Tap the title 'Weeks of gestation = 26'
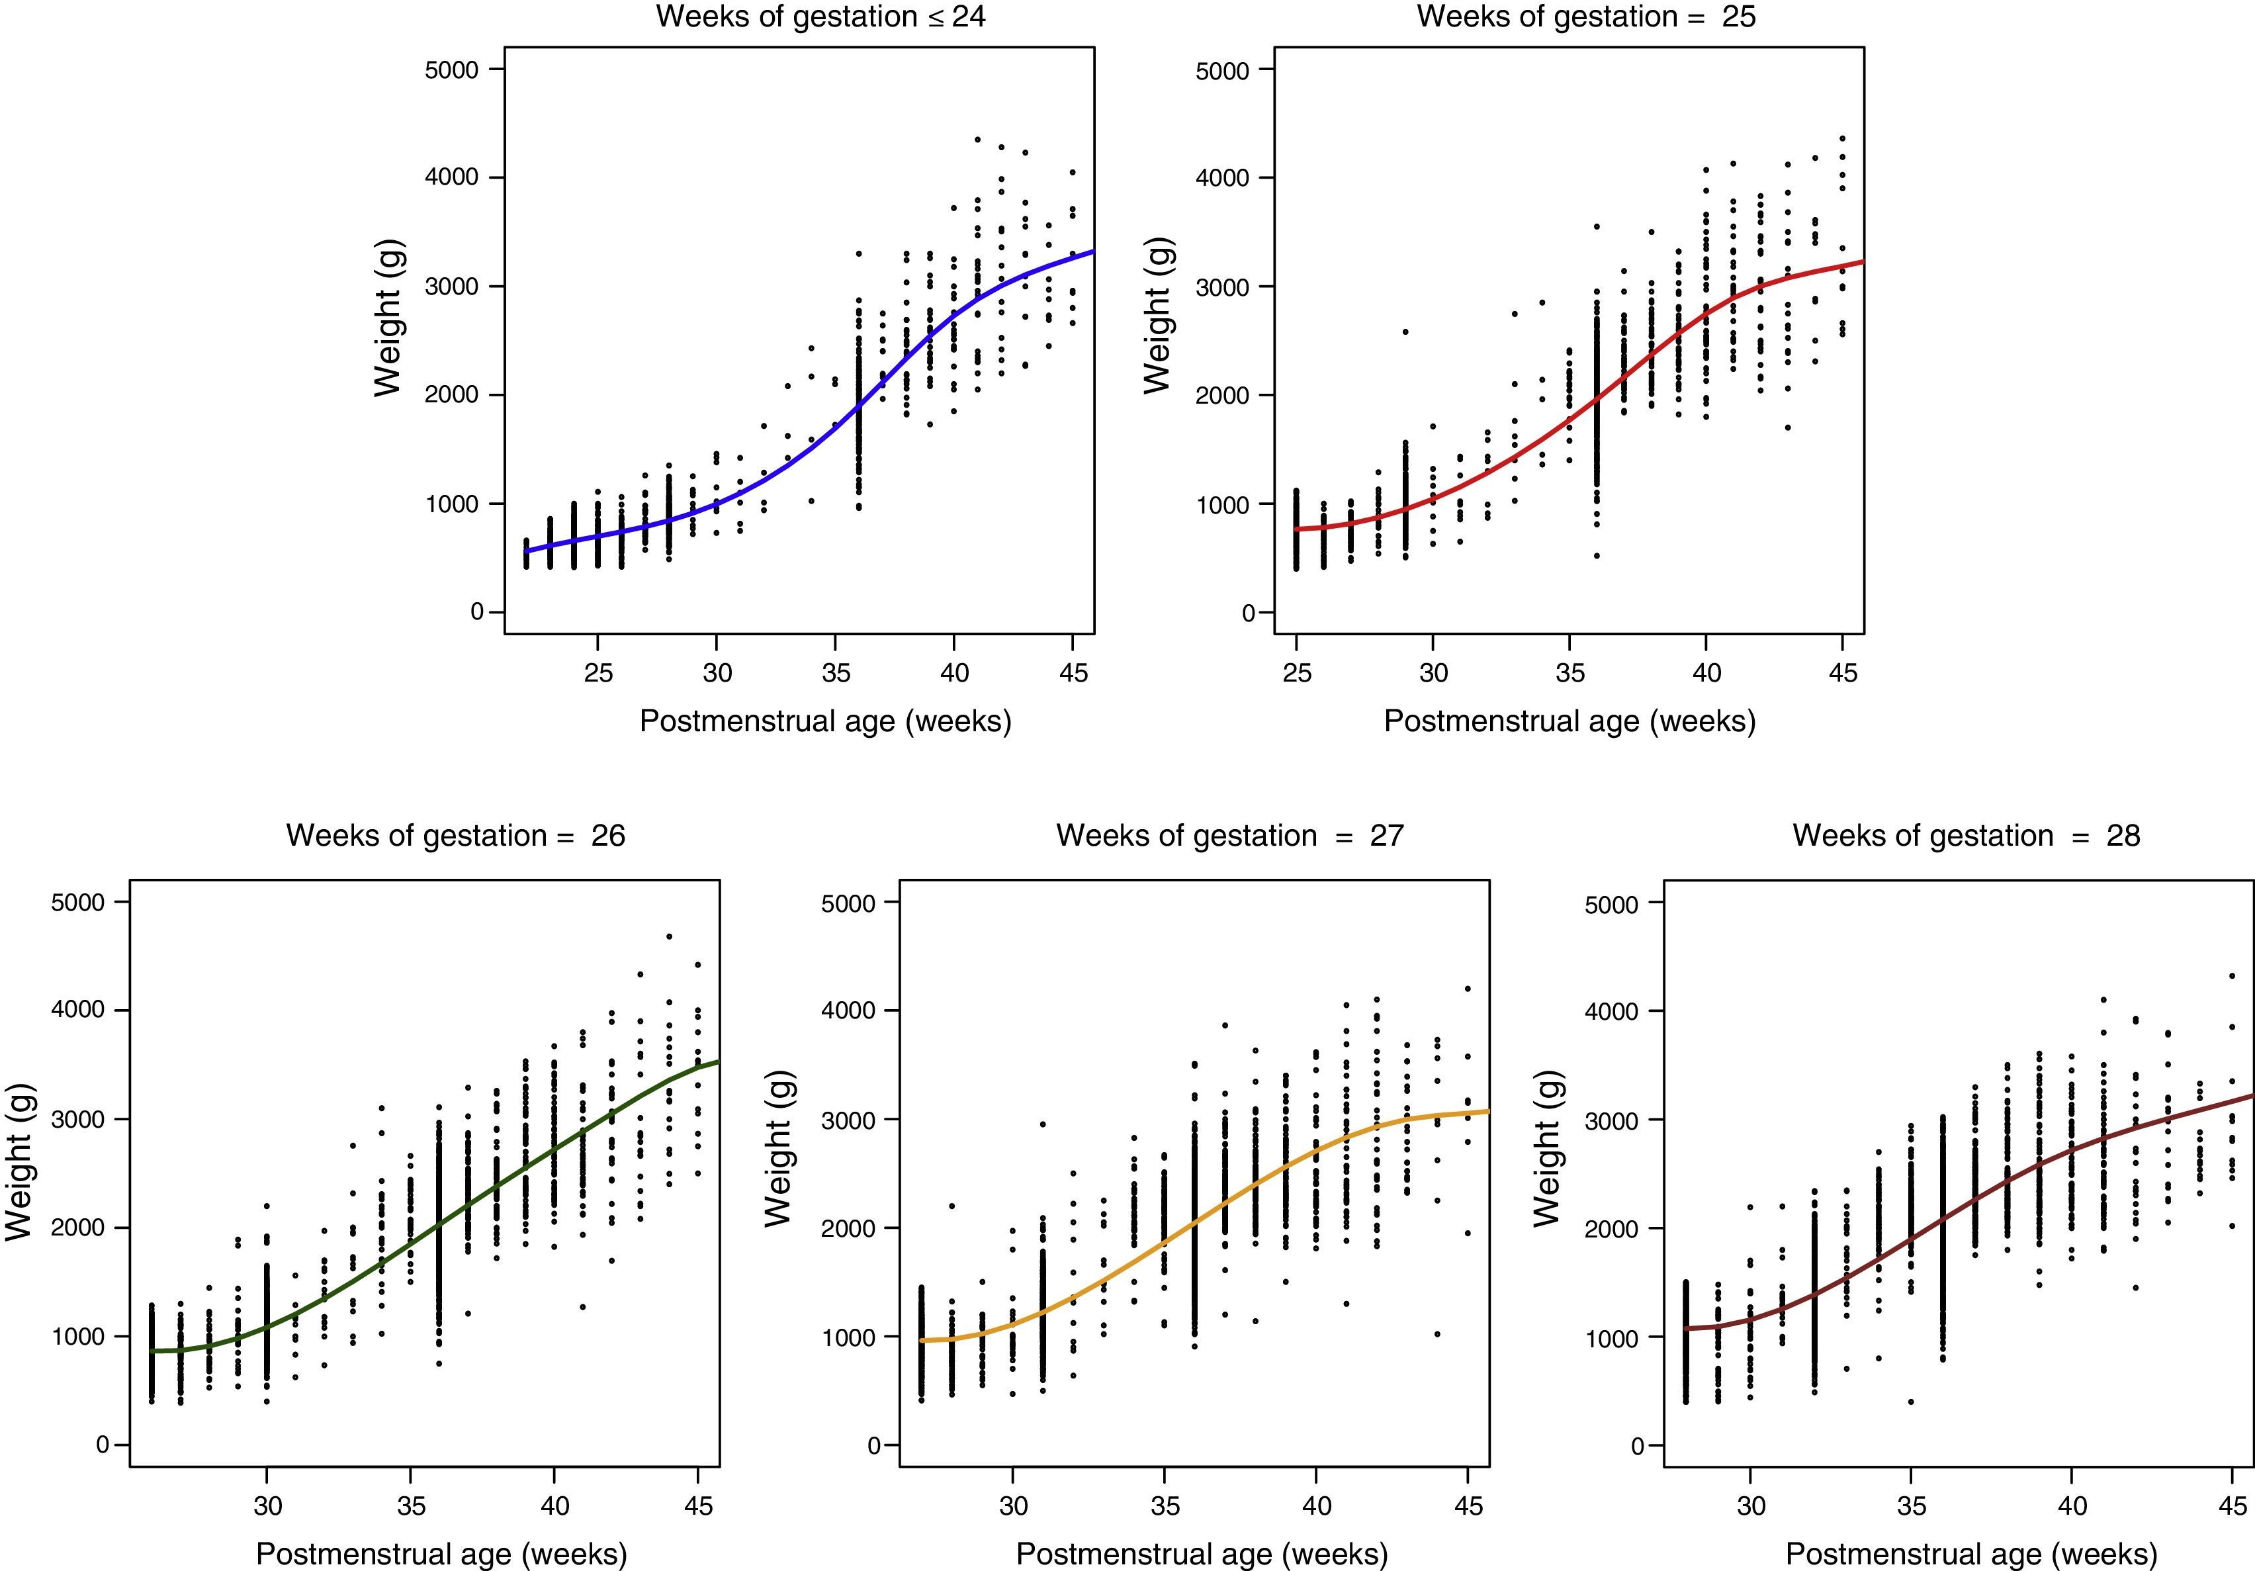(x=456, y=835)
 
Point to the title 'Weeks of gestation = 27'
(x=1229, y=835)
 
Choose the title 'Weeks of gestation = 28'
(x=1967, y=835)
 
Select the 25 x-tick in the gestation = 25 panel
(x=1296, y=673)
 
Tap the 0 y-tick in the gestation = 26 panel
(x=102, y=1445)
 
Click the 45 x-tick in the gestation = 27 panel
(x=1468, y=1506)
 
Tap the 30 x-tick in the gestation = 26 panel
(x=267, y=1506)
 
